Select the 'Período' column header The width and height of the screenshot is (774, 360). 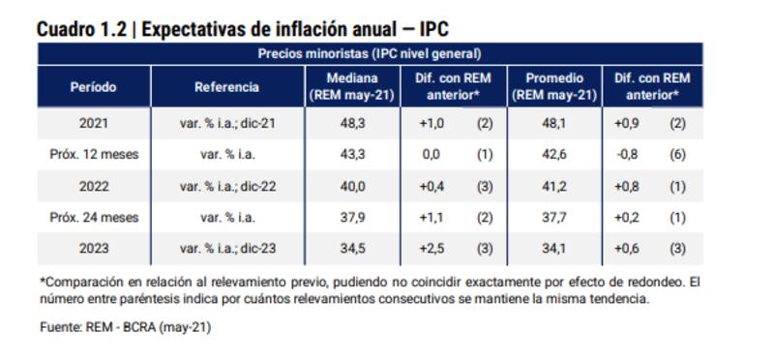click(94, 87)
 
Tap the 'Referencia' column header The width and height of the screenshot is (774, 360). click(226, 87)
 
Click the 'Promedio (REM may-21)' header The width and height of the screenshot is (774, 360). click(552, 87)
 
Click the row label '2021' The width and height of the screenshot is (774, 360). click(94, 124)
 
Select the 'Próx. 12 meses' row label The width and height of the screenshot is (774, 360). click(94, 154)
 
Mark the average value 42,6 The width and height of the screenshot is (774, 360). click(552, 154)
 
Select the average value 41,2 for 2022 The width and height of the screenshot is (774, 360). click(552, 185)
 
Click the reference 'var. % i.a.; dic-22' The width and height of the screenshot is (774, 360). click(226, 185)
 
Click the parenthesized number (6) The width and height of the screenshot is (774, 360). click(679, 154)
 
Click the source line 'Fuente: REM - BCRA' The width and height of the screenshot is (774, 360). click(125, 327)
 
